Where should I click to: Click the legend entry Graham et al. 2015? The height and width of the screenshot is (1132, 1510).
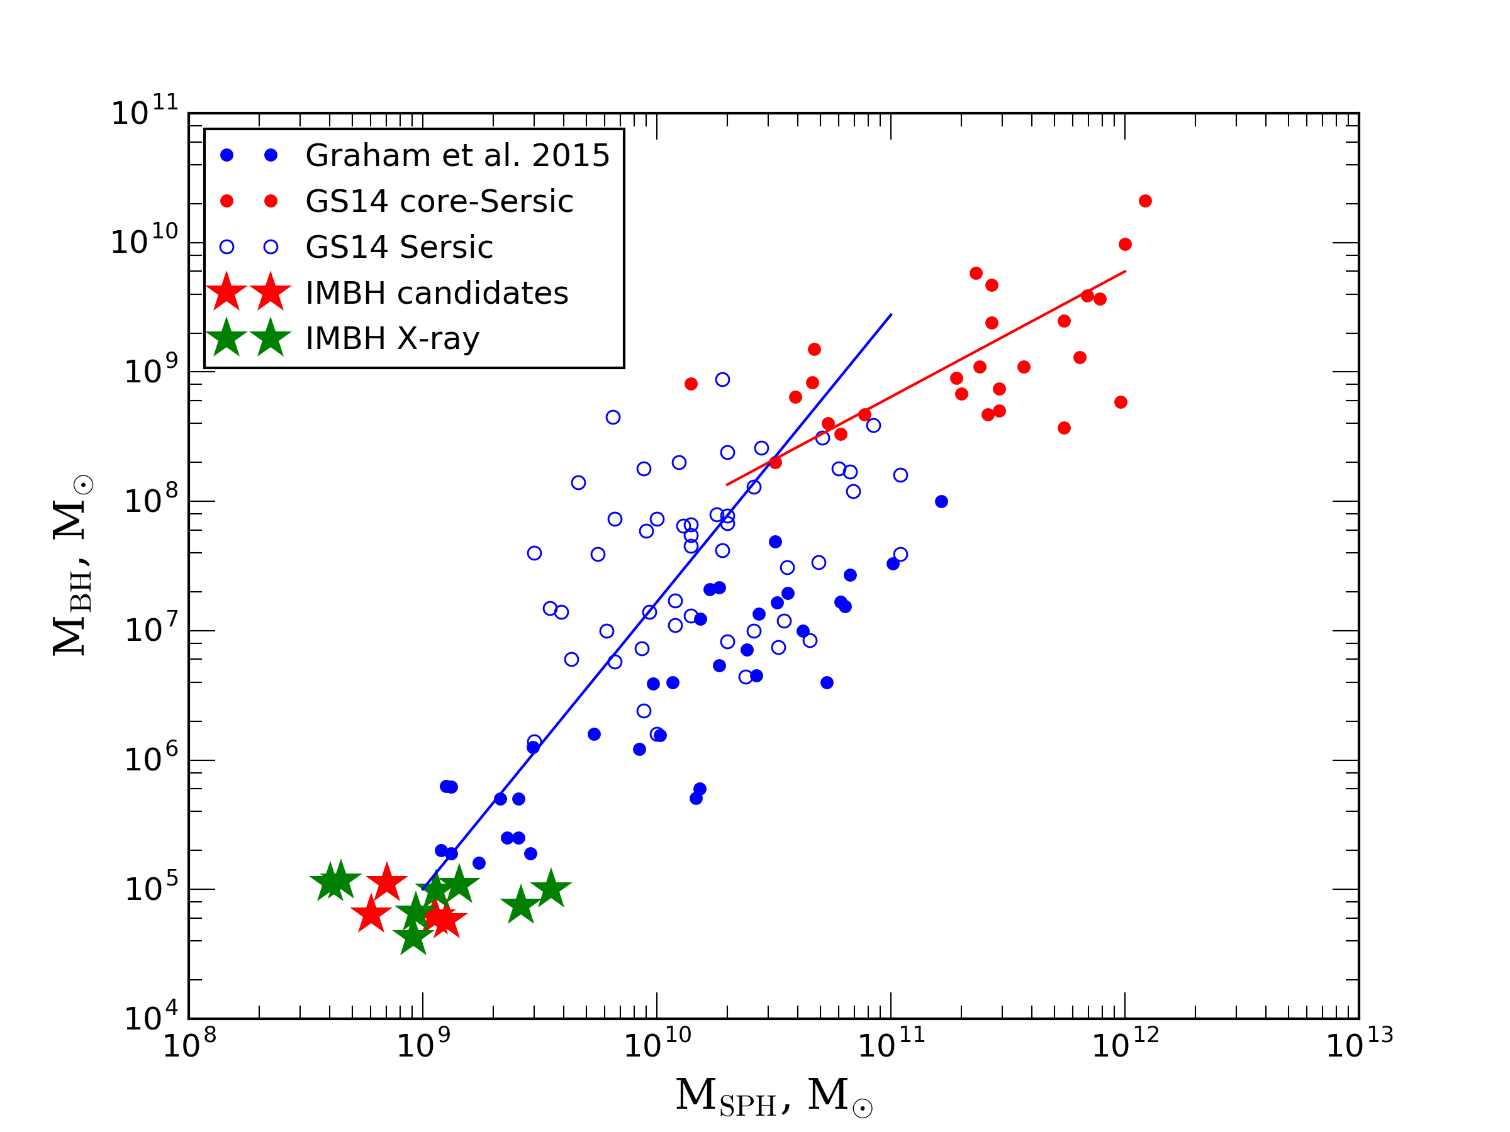457,155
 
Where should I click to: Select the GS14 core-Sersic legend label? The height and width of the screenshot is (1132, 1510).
439,201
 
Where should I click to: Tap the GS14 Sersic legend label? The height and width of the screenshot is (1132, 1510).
399,247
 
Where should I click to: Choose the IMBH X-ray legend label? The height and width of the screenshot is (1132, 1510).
392,338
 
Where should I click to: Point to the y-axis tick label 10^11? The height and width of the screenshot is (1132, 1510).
144,111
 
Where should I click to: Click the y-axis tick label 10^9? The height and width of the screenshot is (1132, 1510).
150,370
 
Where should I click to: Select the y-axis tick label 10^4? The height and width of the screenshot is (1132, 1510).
150,1018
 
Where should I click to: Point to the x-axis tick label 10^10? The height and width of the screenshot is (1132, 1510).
657,1045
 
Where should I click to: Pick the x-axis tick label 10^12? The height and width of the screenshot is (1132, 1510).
1125,1045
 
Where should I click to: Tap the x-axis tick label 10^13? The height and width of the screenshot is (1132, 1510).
1358,1045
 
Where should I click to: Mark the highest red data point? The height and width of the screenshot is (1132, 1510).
1146,201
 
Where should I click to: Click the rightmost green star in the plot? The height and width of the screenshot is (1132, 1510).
551,890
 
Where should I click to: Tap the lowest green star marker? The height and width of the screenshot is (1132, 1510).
413,938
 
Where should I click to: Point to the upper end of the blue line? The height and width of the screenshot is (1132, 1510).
891,314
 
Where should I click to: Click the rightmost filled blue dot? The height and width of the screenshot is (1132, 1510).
941,501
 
